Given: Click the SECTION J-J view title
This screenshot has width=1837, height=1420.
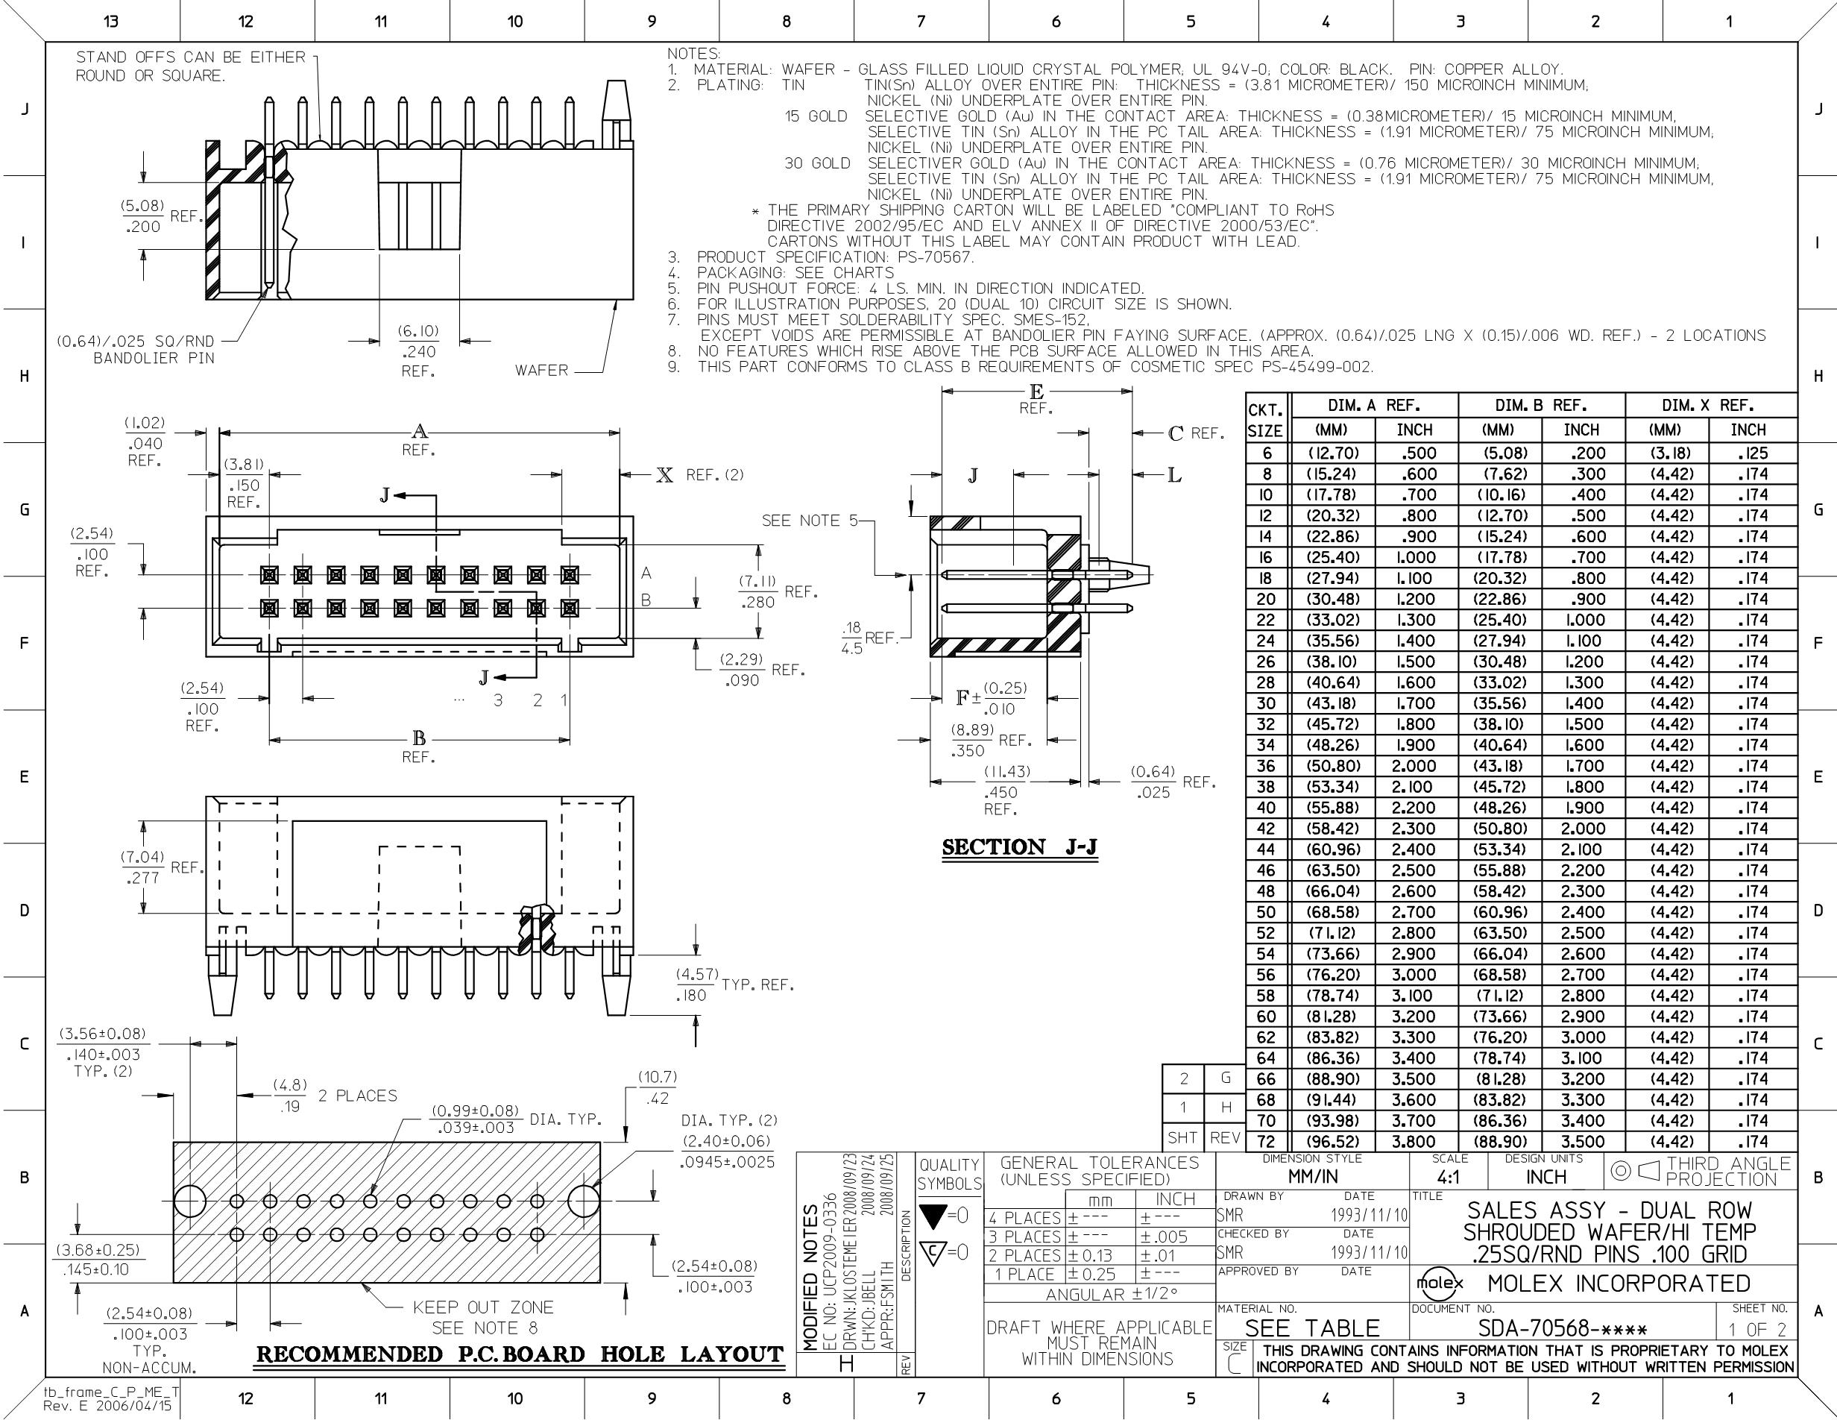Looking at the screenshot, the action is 1019,847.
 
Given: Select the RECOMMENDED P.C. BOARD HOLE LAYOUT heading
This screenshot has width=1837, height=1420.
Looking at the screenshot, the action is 520,1354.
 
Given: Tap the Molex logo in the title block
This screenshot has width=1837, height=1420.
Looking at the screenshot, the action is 1441,1284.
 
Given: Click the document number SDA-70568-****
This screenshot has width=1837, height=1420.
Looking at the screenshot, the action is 1563,1328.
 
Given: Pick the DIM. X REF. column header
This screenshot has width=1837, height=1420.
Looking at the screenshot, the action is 1712,406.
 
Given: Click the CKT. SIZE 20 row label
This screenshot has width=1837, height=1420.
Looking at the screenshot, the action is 1266,599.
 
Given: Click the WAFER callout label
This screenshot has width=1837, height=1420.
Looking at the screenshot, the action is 542,370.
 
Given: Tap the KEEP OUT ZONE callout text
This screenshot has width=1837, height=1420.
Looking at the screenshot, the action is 483,1307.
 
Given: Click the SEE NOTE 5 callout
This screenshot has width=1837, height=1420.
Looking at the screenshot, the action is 810,521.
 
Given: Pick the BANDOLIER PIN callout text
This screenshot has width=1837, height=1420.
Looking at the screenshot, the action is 154,359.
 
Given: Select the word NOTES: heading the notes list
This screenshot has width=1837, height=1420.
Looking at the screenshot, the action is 693,54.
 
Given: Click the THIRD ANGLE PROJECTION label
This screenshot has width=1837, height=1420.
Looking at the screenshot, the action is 1728,1171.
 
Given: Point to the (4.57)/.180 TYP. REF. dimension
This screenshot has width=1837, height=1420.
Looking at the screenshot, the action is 735,985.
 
